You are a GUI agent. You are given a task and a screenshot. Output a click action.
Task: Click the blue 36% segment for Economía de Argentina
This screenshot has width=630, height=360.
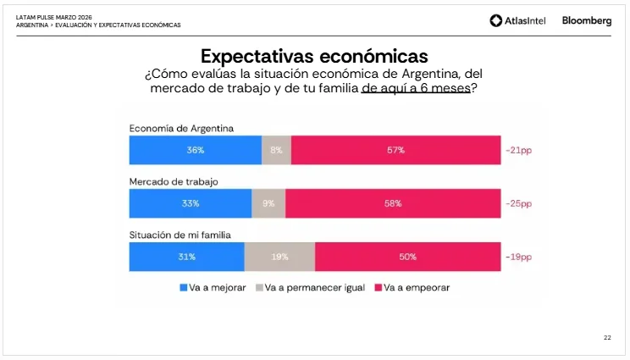click(196, 150)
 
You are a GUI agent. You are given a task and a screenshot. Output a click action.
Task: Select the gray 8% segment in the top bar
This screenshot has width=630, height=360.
click(276, 150)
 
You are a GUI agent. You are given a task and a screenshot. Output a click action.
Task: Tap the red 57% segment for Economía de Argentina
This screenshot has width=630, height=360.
click(395, 150)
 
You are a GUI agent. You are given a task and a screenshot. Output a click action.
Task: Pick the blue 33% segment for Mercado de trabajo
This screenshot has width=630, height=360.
click(191, 203)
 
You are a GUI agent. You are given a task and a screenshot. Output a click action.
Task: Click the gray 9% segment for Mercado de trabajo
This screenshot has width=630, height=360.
click(268, 203)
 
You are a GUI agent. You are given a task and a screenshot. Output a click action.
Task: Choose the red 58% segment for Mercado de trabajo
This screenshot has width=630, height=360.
click(392, 203)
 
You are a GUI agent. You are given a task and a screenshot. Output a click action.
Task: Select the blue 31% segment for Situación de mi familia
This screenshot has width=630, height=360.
click(186, 257)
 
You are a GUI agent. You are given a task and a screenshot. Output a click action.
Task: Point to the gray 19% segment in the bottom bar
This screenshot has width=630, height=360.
click(279, 257)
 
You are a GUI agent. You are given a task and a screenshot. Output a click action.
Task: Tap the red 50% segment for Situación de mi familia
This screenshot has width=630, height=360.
click(407, 257)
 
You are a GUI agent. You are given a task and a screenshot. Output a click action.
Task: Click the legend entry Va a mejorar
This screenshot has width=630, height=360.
click(213, 288)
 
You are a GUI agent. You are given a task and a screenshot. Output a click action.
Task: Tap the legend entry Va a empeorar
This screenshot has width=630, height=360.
click(412, 288)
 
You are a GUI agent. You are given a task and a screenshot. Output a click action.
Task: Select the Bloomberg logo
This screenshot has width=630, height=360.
click(586, 21)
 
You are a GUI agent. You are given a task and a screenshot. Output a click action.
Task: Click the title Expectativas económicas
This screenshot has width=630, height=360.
click(314, 57)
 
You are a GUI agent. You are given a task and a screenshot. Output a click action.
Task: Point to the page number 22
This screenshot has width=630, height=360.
click(607, 338)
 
